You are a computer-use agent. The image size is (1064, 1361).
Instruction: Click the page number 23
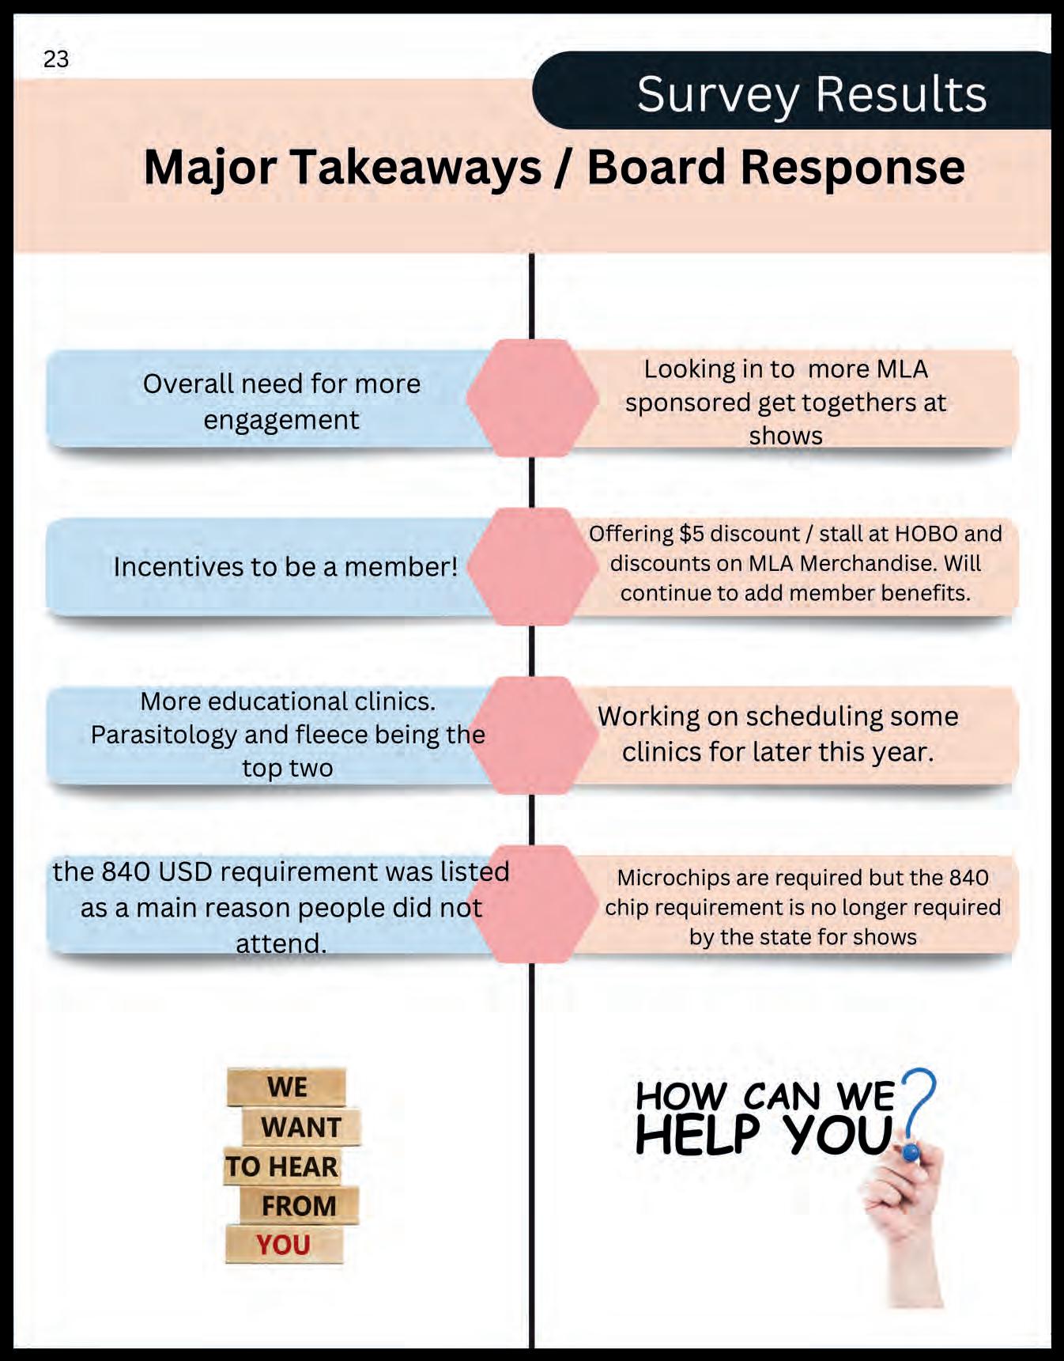point(56,59)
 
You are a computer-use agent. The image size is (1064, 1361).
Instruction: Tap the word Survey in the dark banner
point(717,94)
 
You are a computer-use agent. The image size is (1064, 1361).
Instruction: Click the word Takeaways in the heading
point(417,168)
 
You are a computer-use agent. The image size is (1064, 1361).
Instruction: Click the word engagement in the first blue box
point(281,420)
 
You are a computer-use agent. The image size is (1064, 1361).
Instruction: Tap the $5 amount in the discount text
point(692,534)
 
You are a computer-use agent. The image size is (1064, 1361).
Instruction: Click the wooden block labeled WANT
point(300,1127)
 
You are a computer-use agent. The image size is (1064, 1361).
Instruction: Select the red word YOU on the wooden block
point(283,1245)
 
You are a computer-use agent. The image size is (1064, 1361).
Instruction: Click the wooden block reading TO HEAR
point(281,1166)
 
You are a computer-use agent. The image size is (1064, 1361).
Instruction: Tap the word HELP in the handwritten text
point(697,1136)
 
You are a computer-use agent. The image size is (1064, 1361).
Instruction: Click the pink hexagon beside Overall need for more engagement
point(531,398)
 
